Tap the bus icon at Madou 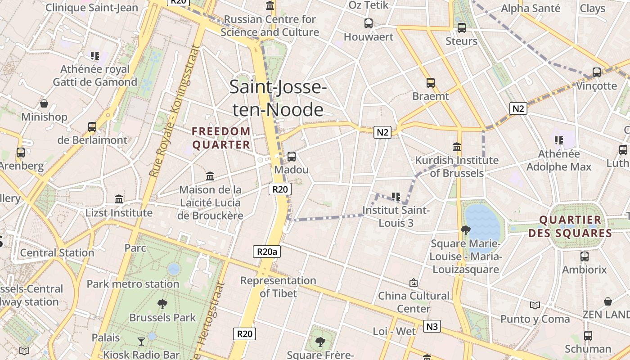coord(292,157)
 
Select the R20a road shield coord(267,252)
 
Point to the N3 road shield coord(432,326)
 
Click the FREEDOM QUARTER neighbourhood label coord(221,138)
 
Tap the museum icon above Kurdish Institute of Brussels coord(457,147)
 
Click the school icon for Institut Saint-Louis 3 coord(396,196)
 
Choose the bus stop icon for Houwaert coord(369,23)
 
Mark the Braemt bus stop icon coord(431,83)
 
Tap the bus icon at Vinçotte coord(597,72)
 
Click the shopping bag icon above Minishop coord(44,103)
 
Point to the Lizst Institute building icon coord(119,199)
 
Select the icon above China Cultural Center coord(414,283)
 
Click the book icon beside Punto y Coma coord(535,306)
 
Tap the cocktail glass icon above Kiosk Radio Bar coord(141,341)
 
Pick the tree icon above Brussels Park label coord(162,304)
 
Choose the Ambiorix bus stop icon coord(585,256)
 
